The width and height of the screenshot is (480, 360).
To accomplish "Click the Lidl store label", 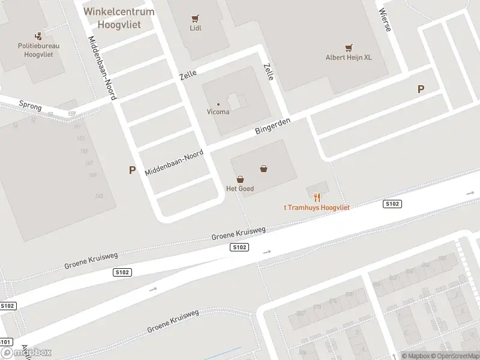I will coord(195,28).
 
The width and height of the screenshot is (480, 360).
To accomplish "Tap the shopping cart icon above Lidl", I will coord(195,19).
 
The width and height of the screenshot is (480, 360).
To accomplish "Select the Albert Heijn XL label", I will coord(349,58).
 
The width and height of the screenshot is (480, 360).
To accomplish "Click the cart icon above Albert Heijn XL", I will coord(349,48).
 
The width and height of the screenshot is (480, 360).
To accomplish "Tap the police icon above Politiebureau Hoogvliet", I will coord(38,36).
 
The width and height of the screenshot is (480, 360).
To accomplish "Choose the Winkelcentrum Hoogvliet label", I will coord(119,16).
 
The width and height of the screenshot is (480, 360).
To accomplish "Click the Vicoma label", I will coord(218,112).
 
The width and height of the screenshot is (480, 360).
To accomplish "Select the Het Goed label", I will coord(239,188).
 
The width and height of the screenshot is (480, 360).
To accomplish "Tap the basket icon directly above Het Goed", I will coord(240,179).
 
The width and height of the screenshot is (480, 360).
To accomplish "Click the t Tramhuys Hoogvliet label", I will coord(316,208).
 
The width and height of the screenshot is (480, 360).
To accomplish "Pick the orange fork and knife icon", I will coord(317,197).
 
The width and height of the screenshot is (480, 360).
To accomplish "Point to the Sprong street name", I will coord(30,106).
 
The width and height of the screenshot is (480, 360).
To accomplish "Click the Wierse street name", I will coord(384,21).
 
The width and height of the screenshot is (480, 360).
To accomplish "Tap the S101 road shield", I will coord(5,343).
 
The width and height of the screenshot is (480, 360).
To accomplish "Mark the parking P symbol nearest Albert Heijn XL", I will coord(421,89).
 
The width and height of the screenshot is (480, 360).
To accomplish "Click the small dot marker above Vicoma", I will coord(218,104).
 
